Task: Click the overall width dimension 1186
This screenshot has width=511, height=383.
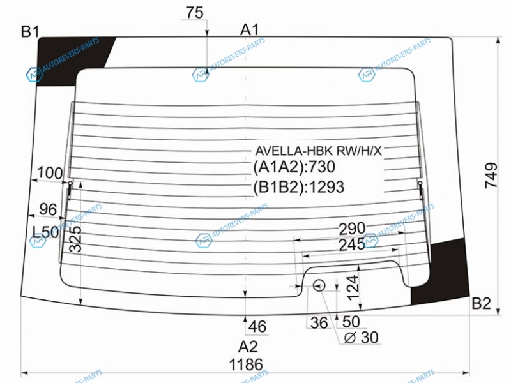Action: coord(246,364)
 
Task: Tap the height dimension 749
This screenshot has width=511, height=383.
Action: coord(491,176)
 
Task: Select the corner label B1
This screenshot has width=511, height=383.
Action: coord(30,31)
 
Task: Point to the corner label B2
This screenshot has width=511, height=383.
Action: coord(482,304)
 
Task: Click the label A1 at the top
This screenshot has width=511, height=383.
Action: coord(249,29)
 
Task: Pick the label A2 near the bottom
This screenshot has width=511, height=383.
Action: coord(248,347)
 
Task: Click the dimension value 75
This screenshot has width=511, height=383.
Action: coord(195,13)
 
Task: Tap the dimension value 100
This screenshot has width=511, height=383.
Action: coord(50,172)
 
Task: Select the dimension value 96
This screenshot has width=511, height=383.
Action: coord(48,209)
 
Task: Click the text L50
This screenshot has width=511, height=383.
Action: coord(45,232)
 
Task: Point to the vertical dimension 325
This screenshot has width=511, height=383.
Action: coord(75,239)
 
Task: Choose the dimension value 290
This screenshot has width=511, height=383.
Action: coord(352,229)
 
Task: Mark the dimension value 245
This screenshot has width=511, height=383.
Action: coord(352,244)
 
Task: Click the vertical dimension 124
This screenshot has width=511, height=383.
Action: coord(353,288)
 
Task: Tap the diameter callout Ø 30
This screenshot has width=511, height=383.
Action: coord(361,338)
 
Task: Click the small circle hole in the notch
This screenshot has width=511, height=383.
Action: coord(319,285)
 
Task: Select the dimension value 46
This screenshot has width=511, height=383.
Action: coord(257,326)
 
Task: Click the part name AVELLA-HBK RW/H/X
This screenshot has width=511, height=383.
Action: coord(318,151)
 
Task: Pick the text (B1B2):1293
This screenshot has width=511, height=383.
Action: coord(298,187)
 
